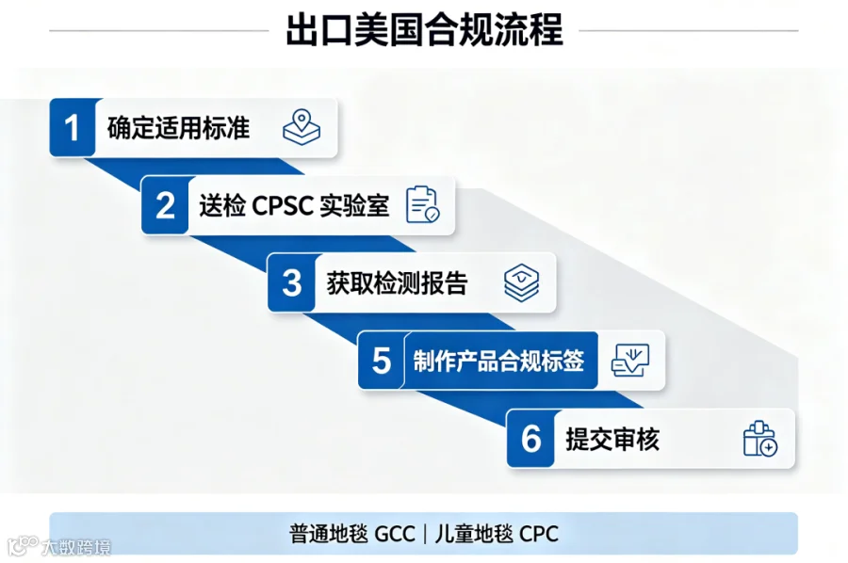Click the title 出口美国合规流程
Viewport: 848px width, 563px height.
[424, 30]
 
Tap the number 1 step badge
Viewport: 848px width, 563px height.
[73, 127]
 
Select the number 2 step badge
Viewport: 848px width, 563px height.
[165, 205]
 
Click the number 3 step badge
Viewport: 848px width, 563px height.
[291, 282]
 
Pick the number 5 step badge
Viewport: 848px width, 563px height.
[382, 361]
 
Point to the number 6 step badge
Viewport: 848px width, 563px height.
[530, 438]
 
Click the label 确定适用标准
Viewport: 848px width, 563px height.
[178, 128]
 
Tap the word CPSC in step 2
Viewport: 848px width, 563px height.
[283, 206]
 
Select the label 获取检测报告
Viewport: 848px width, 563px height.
[397, 283]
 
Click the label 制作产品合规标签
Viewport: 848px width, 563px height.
[498, 361]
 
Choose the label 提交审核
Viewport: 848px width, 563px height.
[612, 439]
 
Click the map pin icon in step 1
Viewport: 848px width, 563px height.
[302, 127]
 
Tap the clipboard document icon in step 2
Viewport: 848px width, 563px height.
[423, 205]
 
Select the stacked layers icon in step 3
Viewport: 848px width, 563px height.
[521, 282]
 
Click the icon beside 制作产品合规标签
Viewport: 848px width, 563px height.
[630, 361]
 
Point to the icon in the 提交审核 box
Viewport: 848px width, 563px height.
[760, 439]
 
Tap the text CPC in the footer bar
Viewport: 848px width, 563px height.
[539, 534]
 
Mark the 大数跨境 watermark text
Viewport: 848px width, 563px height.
[76, 547]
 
